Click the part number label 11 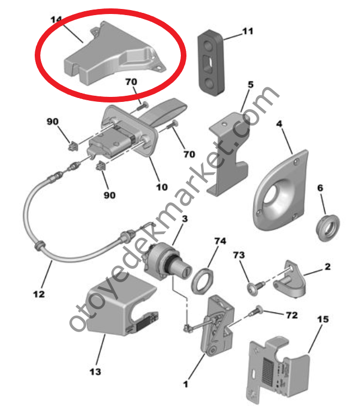click(247, 32)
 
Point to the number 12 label click(39, 293)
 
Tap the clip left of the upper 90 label click(72, 147)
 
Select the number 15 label click(323, 319)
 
